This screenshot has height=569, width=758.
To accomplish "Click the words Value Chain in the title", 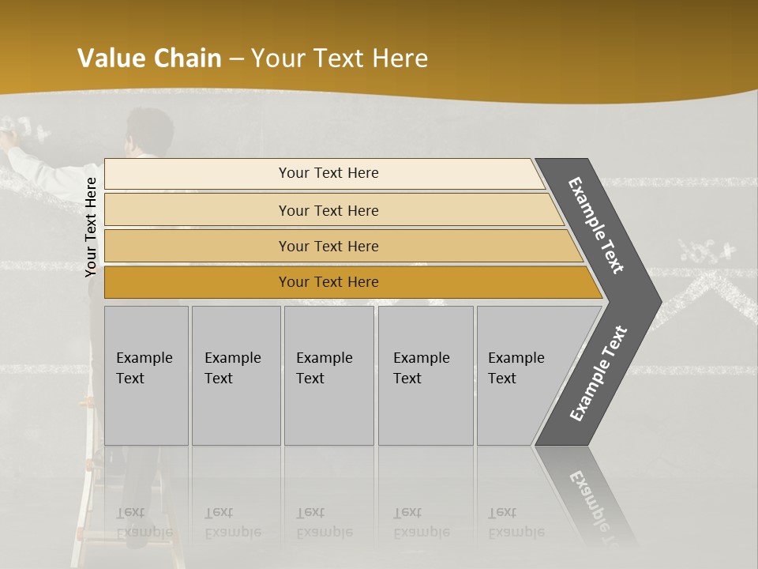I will [x=149, y=58].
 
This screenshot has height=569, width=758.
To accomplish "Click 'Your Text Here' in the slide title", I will [x=340, y=58].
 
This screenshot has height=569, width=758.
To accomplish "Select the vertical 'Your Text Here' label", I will [x=91, y=227].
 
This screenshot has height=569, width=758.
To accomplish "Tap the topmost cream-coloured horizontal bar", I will [x=328, y=173].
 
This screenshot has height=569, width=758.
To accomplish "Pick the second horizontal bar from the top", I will [x=328, y=210].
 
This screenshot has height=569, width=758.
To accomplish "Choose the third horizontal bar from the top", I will [x=328, y=246].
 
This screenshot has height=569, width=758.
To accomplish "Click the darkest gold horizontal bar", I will [x=328, y=282].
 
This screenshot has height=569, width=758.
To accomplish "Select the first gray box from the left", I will [x=146, y=375].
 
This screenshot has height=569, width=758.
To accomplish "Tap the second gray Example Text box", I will [x=235, y=375].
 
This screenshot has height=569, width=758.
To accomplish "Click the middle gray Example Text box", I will [x=328, y=375].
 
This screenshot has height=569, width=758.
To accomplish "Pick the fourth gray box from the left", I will [x=425, y=375].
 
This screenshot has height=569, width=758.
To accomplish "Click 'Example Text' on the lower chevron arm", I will [x=599, y=374].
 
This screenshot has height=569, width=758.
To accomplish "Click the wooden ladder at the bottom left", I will [x=87, y=506].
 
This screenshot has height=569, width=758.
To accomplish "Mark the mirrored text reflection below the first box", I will [x=144, y=522].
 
